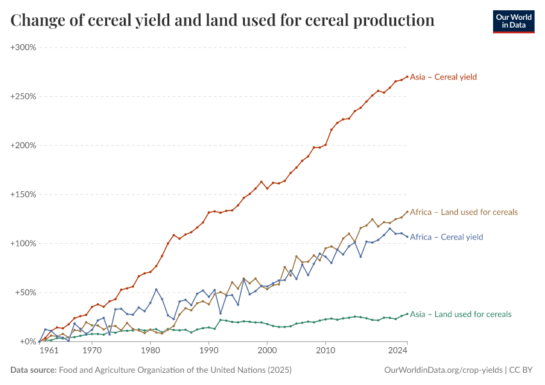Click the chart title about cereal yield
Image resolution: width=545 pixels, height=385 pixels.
click(222, 21)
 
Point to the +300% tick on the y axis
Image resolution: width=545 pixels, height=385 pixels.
click(23, 47)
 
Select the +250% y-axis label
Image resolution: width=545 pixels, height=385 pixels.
click(23, 96)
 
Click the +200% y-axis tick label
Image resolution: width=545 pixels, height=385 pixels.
click(23, 146)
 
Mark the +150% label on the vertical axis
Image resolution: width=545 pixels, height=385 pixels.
click(23, 194)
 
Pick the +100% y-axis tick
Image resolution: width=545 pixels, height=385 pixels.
click(23, 243)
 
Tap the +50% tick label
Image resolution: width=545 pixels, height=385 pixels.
click(25, 293)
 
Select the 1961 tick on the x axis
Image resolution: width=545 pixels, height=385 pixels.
click(49, 351)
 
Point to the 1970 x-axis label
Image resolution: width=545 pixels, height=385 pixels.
click(92, 351)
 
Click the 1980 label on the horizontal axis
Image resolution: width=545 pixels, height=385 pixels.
click(150, 351)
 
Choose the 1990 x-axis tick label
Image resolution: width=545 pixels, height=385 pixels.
click(208, 351)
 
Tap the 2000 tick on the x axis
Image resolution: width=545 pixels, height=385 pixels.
click(267, 351)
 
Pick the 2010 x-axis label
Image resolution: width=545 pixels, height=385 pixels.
click(326, 351)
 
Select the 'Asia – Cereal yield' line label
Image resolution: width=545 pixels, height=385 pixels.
click(443, 77)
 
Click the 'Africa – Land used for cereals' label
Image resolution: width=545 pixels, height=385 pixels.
click(464, 212)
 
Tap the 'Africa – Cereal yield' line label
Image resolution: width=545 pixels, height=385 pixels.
click(446, 237)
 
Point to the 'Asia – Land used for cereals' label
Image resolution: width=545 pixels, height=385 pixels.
click(460, 314)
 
